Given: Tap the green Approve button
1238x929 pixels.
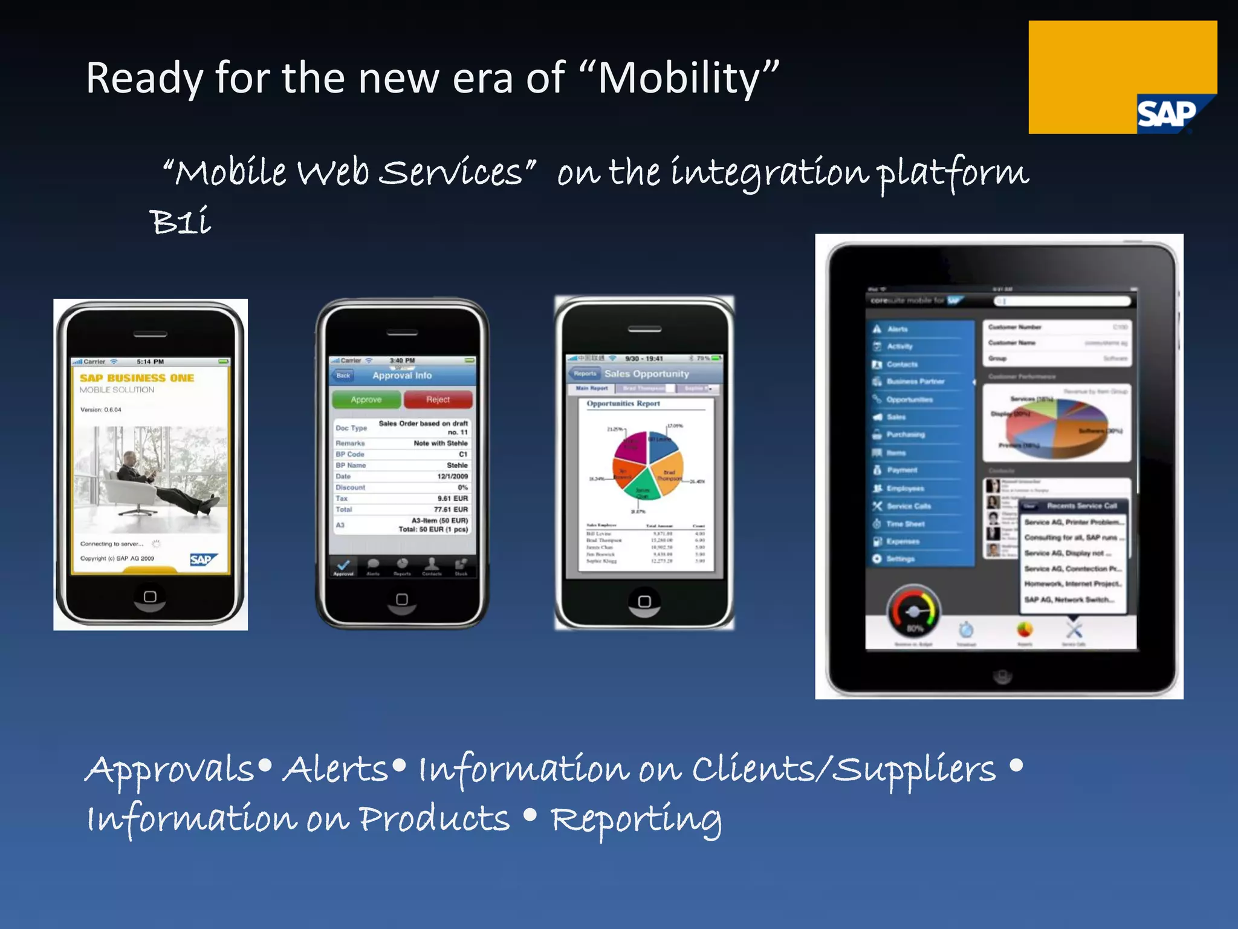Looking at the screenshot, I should tap(366, 400).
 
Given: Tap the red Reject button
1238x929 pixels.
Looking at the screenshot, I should tap(438, 400).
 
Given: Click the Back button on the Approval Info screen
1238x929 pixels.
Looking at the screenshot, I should tap(343, 376).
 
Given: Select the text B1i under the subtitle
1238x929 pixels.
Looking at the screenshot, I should tap(180, 221).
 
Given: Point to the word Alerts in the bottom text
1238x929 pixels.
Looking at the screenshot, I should tap(335, 770).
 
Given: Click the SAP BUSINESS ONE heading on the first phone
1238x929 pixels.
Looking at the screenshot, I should tap(137, 378).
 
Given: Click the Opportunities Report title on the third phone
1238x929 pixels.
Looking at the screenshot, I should tap(623, 403).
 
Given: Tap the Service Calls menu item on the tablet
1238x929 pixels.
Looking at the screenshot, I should tap(908, 506).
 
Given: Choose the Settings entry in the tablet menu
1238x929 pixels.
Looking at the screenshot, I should tap(900, 559).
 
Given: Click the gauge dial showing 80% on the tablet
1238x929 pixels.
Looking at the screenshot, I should tap(913, 612).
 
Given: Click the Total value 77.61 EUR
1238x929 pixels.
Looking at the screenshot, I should tap(450, 509).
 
